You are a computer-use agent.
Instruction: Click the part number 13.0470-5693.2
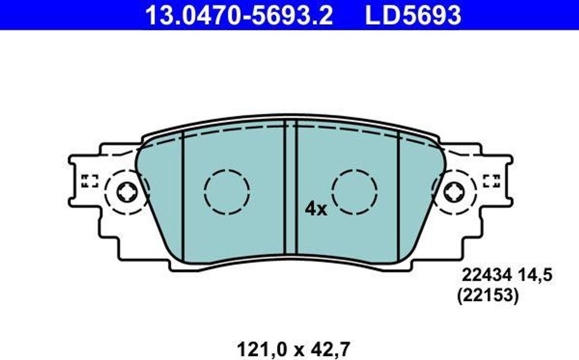pos(239,15)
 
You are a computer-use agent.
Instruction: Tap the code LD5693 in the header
pos(413,15)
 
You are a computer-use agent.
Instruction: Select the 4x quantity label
pos(316,209)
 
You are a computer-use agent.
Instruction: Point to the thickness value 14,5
pos(534,275)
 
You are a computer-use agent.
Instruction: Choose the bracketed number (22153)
pos(487,296)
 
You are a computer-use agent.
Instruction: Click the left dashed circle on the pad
pos(227,192)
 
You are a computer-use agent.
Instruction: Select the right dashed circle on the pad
pos(355,192)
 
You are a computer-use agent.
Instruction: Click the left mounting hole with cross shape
pos(127,193)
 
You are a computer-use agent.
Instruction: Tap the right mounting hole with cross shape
pos(453,193)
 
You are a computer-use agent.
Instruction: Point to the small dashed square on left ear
pos(89,181)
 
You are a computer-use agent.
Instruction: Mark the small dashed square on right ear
pos(491,181)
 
